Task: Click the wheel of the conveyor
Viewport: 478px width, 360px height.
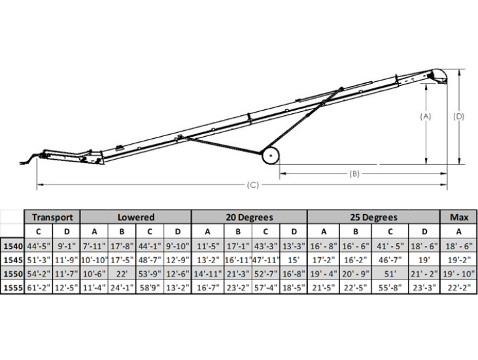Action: click(x=271, y=156)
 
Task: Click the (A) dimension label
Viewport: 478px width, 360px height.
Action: click(x=426, y=117)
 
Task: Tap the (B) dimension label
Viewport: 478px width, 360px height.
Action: click(x=354, y=173)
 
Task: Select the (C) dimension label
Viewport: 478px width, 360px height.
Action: click(x=252, y=185)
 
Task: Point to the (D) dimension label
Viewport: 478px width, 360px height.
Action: click(x=458, y=117)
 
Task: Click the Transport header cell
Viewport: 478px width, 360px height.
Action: click(x=52, y=217)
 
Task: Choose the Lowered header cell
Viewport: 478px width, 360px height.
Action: click(x=136, y=217)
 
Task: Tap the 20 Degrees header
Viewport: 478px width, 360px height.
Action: click(x=249, y=217)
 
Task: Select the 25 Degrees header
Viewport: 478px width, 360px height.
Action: click(x=374, y=217)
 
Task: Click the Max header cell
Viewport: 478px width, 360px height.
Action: click(x=459, y=217)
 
